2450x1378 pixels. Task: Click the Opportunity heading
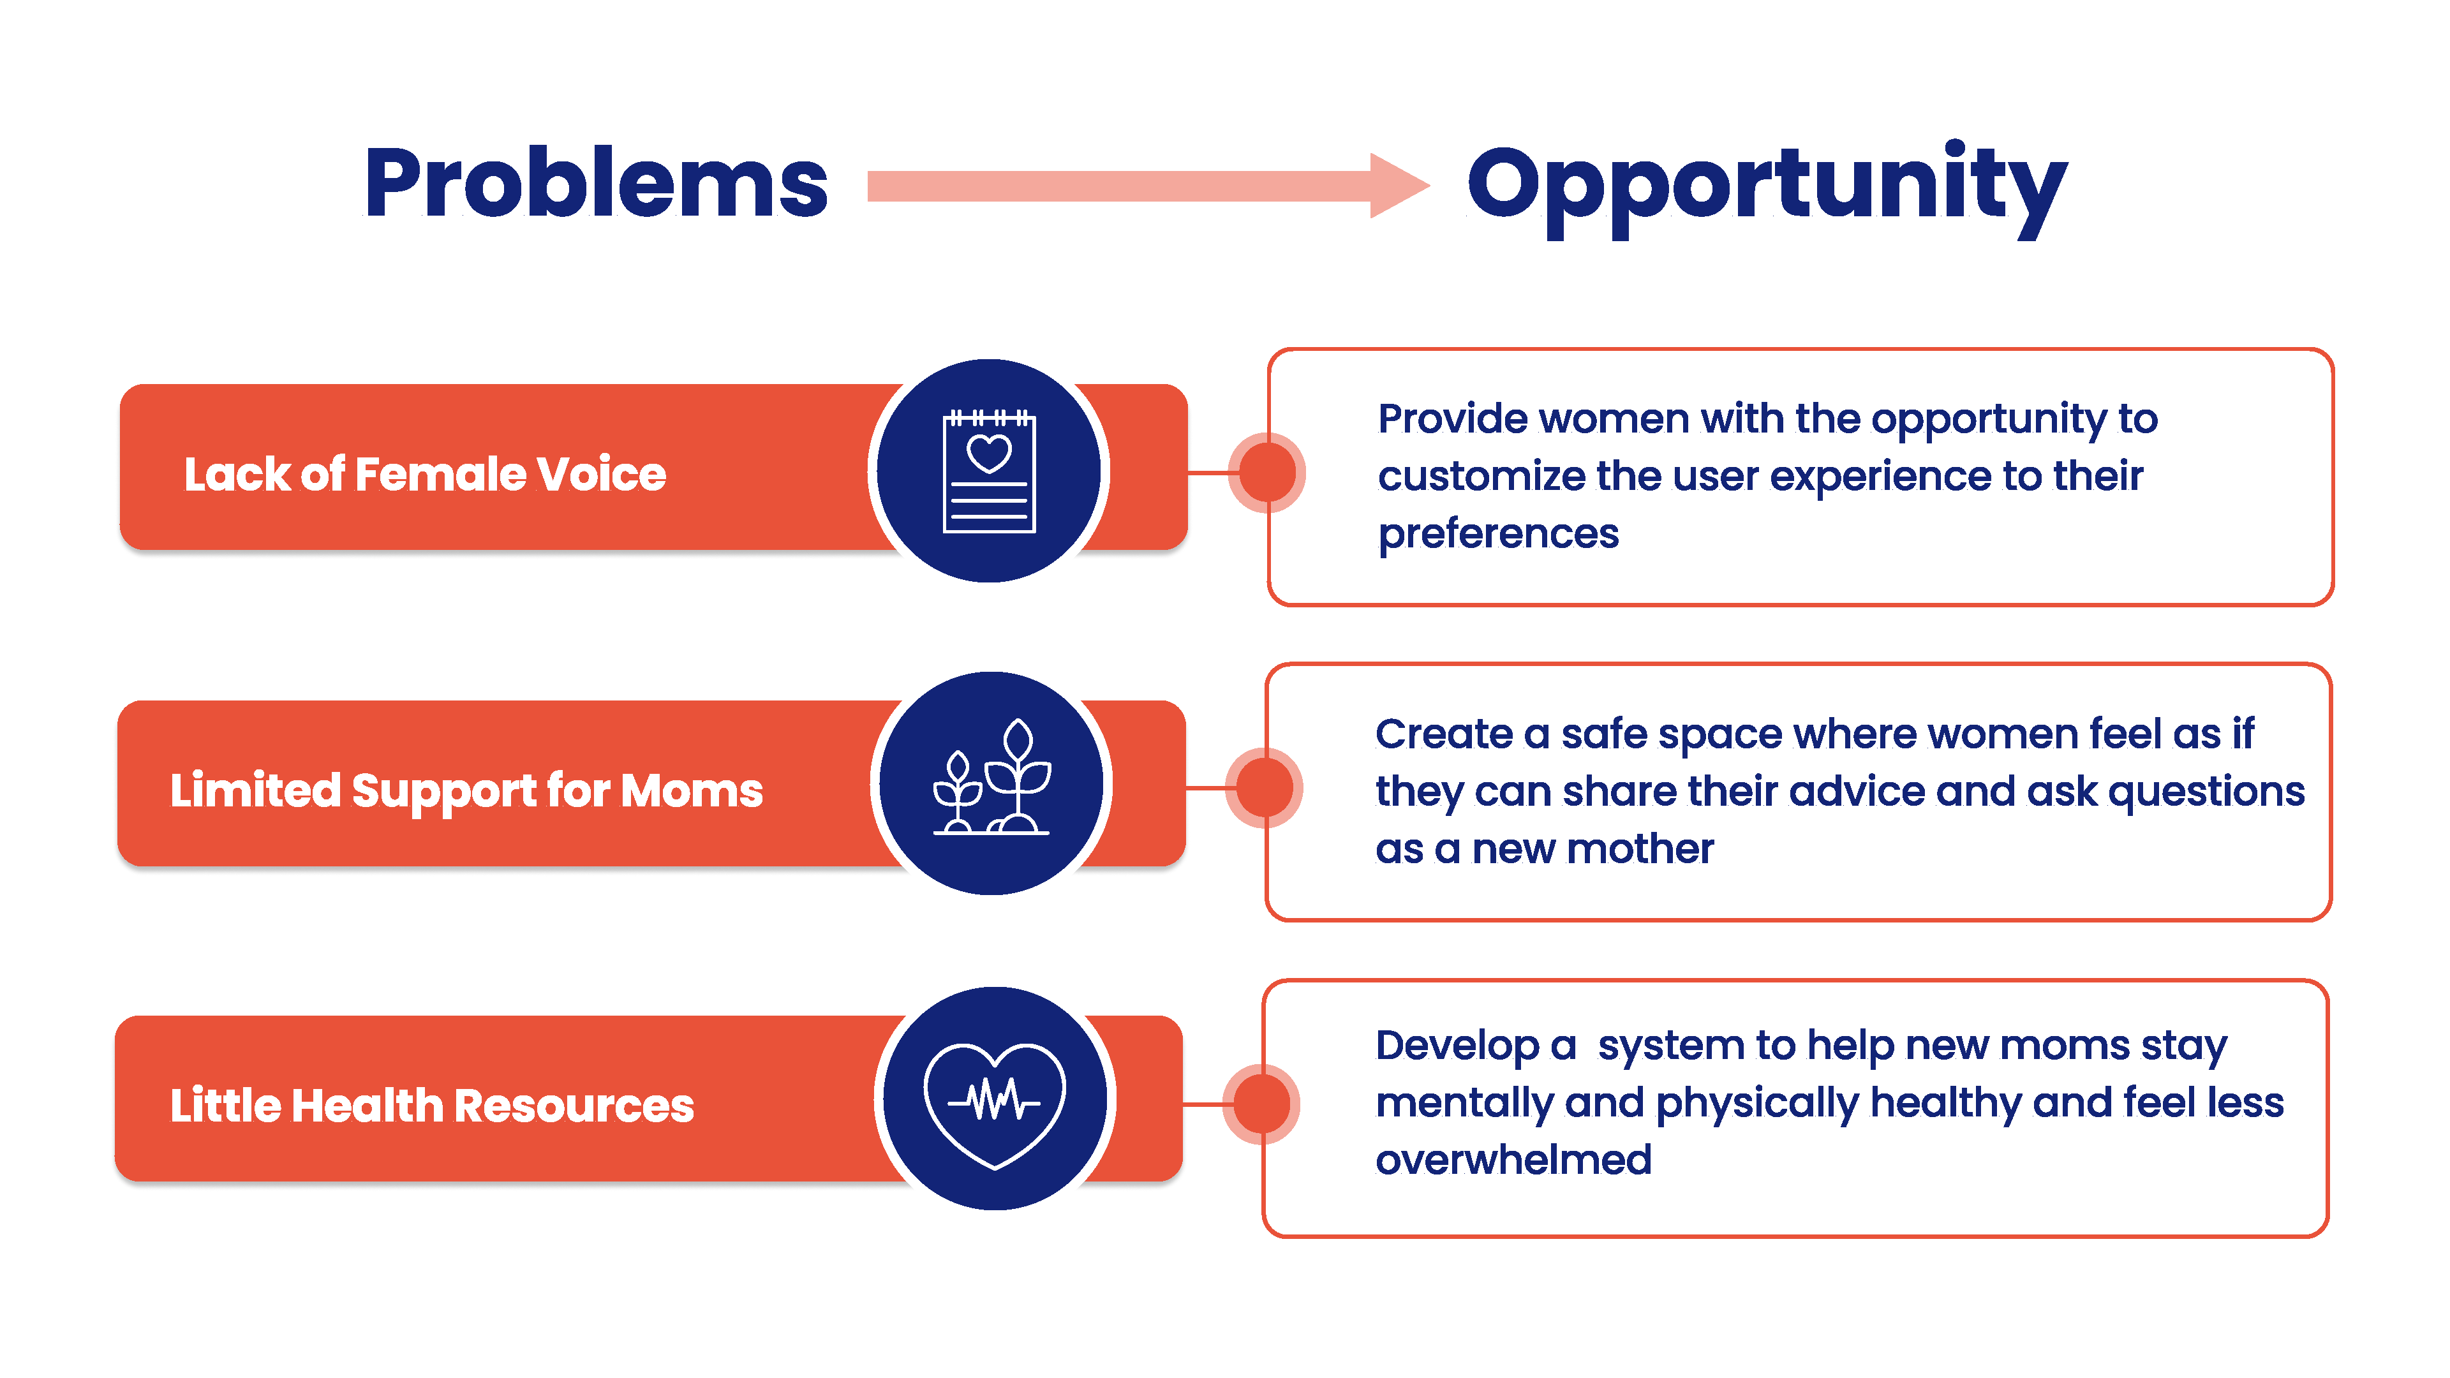(1767, 188)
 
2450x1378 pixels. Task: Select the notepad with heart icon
(989, 471)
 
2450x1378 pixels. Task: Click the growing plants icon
(991, 777)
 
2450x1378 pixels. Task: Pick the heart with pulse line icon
(995, 1103)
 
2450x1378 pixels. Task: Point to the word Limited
(255, 789)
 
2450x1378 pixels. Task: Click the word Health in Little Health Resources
(367, 1105)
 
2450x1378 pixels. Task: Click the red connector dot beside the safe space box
(1264, 787)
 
